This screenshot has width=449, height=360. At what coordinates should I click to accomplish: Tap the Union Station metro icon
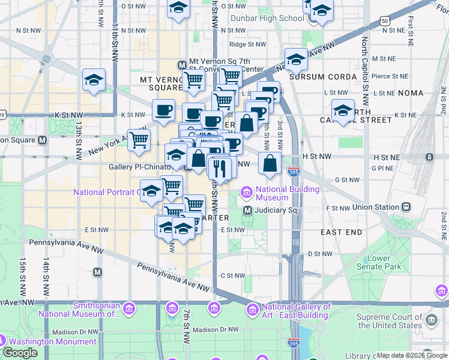(x=406, y=207)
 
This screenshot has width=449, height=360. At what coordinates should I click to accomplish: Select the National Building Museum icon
(x=246, y=193)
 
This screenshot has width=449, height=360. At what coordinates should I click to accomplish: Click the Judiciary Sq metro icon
(x=247, y=211)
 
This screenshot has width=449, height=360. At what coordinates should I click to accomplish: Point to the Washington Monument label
(x=53, y=341)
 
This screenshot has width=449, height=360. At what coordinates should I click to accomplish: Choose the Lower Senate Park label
(x=383, y=262)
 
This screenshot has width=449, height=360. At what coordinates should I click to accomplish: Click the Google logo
(x=20, y=353)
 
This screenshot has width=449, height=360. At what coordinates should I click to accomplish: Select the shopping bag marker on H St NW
(x=270, y=163)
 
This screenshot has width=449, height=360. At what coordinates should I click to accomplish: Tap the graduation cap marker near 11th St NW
(x=94, y=80)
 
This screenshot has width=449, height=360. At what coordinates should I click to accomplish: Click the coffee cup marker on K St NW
(x=163, y=110)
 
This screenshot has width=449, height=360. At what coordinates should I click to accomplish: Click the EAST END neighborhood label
(x=341, y=232)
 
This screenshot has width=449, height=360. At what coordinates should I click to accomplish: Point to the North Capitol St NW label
(x=364, y=63)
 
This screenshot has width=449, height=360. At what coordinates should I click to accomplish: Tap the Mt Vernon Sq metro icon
(x=181, y=65)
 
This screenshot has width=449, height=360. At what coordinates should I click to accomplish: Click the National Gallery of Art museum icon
(x=253, y=309)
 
